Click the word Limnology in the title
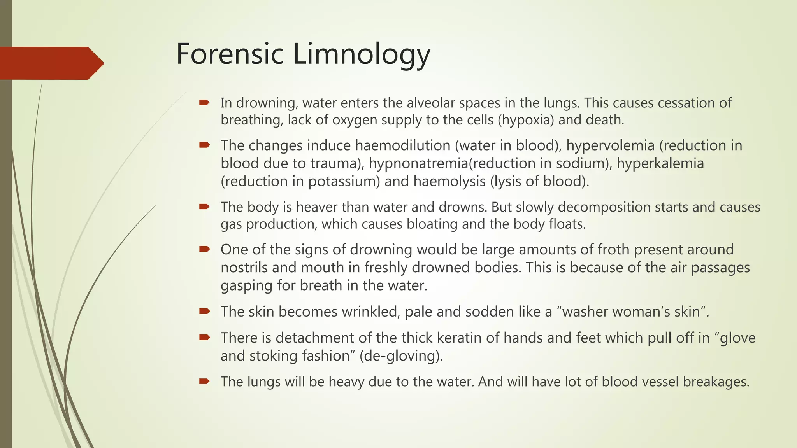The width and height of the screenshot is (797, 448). (x=362, y=54)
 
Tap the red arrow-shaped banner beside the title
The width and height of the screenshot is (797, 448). (x=51, y=63)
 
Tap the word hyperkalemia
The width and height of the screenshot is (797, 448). (x=660, y=163)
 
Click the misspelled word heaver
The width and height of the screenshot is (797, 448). (x=316, y=207)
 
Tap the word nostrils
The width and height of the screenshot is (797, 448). (x=244, y=268)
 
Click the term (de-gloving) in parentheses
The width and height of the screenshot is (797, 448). (x=401, y=356)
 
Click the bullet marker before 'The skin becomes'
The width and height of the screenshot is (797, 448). (x=204, y=311)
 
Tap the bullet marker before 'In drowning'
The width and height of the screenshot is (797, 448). (x=204, y=103)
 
